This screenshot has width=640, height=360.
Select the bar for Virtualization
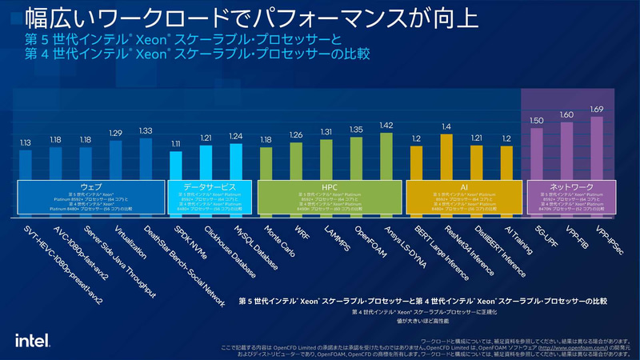coord(116,160)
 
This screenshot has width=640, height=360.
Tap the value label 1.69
coord(596,109)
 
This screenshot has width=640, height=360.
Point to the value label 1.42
coord(386,126)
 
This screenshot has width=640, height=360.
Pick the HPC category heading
coord(329,186)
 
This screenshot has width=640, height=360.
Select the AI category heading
coord(463,186)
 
